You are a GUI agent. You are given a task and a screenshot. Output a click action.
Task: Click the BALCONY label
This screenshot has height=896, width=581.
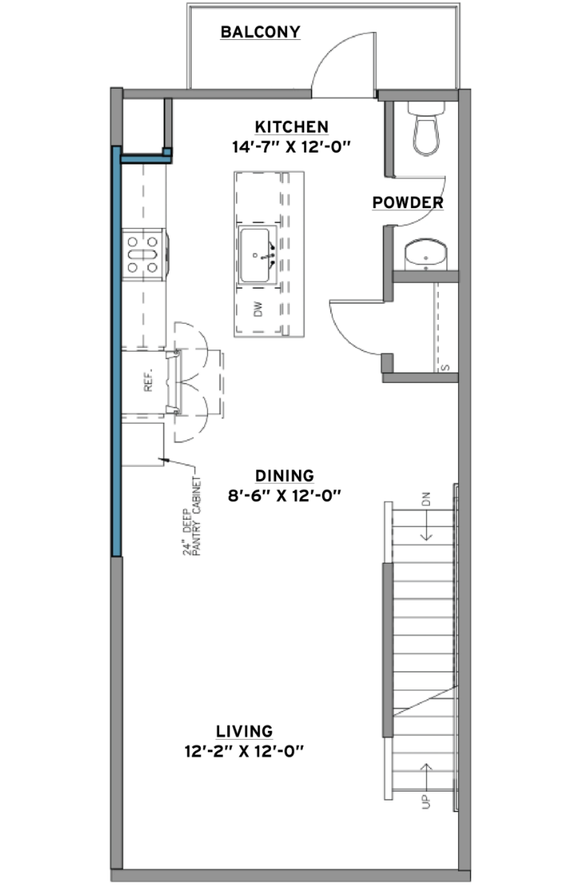pos(261,32)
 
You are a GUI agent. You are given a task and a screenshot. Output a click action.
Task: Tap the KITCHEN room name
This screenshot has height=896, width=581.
pos(292,127)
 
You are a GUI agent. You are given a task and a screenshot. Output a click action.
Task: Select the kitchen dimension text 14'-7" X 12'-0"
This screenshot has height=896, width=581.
pos(291,147)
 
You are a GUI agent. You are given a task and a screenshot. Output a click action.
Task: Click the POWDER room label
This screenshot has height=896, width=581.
pos(408,202)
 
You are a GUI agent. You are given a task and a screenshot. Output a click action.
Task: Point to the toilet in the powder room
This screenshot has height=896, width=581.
pos(426,127)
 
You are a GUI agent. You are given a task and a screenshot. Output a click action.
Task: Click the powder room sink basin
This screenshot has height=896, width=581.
pos(426,255)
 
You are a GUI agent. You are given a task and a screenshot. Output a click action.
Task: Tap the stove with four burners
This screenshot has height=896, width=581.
pos(144,255)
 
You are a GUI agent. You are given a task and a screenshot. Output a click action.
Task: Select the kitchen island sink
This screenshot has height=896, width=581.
pos(257,255)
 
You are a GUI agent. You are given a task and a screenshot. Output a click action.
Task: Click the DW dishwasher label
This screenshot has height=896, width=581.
pos(258,309)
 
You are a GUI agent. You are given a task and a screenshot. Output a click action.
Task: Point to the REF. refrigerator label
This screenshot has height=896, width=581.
pos(148,380)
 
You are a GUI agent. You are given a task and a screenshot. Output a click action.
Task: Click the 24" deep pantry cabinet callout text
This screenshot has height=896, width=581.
pos(192,516)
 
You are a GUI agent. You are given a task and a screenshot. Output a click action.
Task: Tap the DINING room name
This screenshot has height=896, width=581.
pos(284,475)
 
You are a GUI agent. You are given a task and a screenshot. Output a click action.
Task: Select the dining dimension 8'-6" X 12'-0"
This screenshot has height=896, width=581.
pos(284,496)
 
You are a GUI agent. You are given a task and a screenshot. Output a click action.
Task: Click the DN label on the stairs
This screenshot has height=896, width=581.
pos(426,498)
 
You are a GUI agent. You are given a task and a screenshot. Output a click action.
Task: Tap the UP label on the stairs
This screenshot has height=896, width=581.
pos(426,802)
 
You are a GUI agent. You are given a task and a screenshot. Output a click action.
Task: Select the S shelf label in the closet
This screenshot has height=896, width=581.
pos(446,367)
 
